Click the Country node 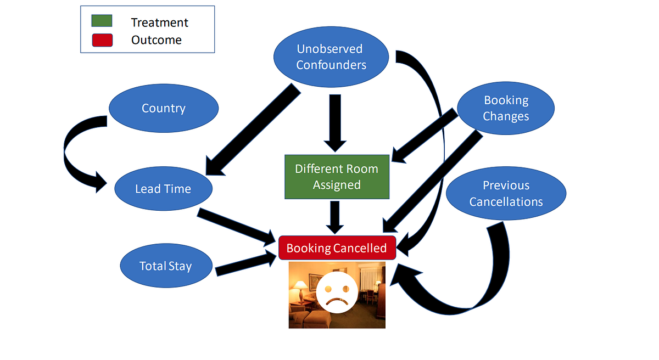point(164,108)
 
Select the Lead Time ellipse point(163,189)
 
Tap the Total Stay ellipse point(165,266)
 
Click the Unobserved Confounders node point(330,57)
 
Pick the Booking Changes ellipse point(506,108)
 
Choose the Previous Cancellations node point(506,194)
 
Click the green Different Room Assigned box point(337,177)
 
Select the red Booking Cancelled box point(337,248)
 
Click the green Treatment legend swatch point(102,21)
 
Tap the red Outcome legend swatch point(102,40)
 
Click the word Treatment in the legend point(159,22)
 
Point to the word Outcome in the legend point(156,40)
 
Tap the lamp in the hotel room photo point(301,285)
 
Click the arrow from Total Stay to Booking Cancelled point(244,264)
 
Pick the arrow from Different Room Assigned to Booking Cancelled point(336,217)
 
